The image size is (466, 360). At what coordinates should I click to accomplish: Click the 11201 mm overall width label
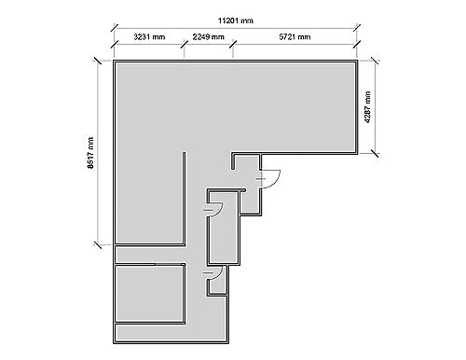point(236,21)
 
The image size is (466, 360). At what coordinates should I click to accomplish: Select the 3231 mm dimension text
point(149,37)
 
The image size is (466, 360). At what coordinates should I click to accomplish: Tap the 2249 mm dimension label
point(208,37)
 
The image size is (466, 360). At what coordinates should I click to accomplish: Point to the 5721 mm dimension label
point(295,37)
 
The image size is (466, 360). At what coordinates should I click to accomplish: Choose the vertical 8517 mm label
point(90,153)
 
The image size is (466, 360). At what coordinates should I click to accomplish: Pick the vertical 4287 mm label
point(368,107)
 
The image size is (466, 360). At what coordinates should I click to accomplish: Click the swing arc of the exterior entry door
point(274,181)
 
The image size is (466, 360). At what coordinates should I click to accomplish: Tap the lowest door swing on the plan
point(217,274)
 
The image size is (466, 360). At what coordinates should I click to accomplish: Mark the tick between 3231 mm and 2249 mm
point(185,44)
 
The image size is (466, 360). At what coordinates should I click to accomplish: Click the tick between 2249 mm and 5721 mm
point(233,44)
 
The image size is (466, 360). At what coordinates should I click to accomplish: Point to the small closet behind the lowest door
point(218,284)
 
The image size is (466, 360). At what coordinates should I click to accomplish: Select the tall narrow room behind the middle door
point(224,228)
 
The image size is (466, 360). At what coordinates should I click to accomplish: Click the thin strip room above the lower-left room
point(149,255)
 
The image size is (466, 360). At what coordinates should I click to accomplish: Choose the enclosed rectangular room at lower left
point(149,294)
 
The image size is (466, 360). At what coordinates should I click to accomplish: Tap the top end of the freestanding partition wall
point(185,152)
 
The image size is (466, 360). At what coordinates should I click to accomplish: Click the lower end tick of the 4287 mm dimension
point(375,153)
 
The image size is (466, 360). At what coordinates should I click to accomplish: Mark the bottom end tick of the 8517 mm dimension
point(98,244)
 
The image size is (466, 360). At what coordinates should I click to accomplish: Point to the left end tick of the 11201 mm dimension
point(115,28)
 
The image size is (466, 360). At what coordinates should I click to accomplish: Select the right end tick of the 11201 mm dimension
point(357,28)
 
